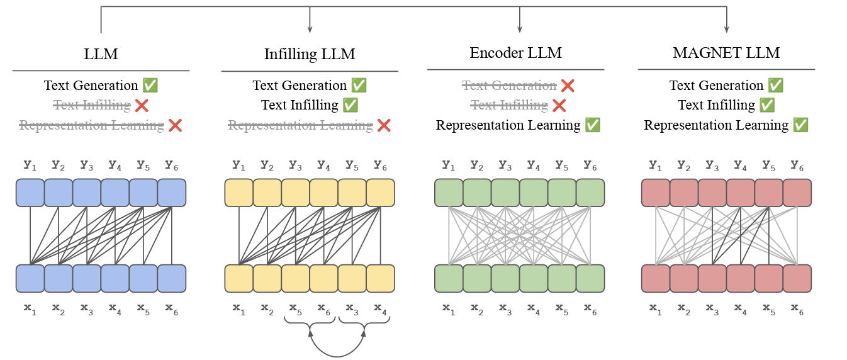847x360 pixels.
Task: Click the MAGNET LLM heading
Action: click(x=726, y=53)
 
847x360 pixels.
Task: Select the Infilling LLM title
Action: click(x=310, y=54)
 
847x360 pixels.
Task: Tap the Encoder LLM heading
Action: click(x=515, y=53)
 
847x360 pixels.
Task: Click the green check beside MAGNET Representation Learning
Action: click(x=800, y=125)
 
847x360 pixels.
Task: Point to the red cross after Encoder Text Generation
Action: click(x=568, y=86)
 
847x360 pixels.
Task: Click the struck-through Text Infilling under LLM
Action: click(x=92, y=105)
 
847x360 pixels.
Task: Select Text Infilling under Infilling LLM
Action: click(x=300, y=105)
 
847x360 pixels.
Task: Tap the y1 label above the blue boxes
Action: click(x=30, y=166)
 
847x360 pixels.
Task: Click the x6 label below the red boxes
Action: click(x=797, y=308)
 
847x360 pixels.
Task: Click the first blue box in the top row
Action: click(x=30, y=193)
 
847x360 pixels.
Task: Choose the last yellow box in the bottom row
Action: click(x=380, y=278)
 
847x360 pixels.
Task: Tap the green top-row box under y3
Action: click(x=505, y=193)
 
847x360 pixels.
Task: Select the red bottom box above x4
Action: click(x=741, y=278)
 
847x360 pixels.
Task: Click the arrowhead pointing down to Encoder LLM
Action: click(x=519, y=29)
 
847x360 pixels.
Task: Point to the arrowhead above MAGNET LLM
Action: click(x=727, y=29)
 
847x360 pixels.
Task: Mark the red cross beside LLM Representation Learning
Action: click(x=175, y=125)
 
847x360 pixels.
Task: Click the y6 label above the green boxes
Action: click(x=590, y=166)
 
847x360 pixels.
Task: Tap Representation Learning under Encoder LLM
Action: click(x=508, y=125)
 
